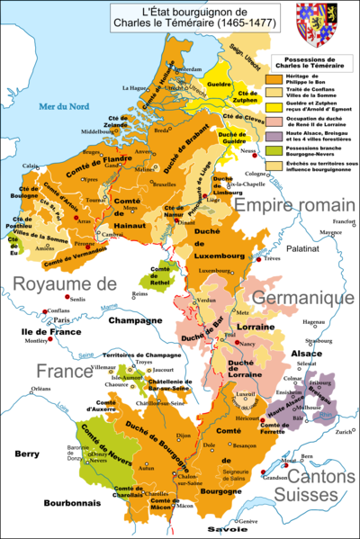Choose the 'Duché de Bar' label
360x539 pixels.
pos(202,337)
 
